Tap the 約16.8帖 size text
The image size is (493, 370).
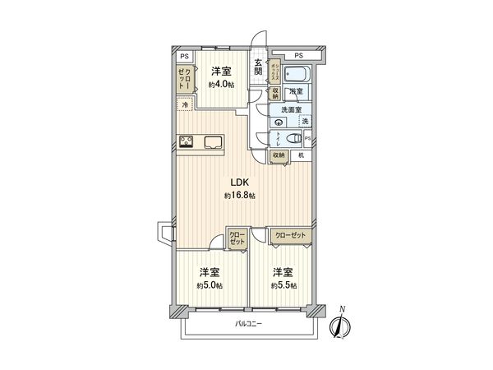click(240, 196)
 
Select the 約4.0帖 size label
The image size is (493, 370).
click(219, 85)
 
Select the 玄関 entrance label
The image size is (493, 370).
click(259, 69)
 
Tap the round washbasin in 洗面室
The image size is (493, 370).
click(277, 122)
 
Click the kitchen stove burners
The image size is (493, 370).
click(187, 141)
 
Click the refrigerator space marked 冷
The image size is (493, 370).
click(185, 106)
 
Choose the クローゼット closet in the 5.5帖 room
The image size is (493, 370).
click(291, 235)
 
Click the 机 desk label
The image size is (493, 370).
click(302, 155)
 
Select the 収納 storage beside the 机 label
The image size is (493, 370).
click(279, 155)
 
